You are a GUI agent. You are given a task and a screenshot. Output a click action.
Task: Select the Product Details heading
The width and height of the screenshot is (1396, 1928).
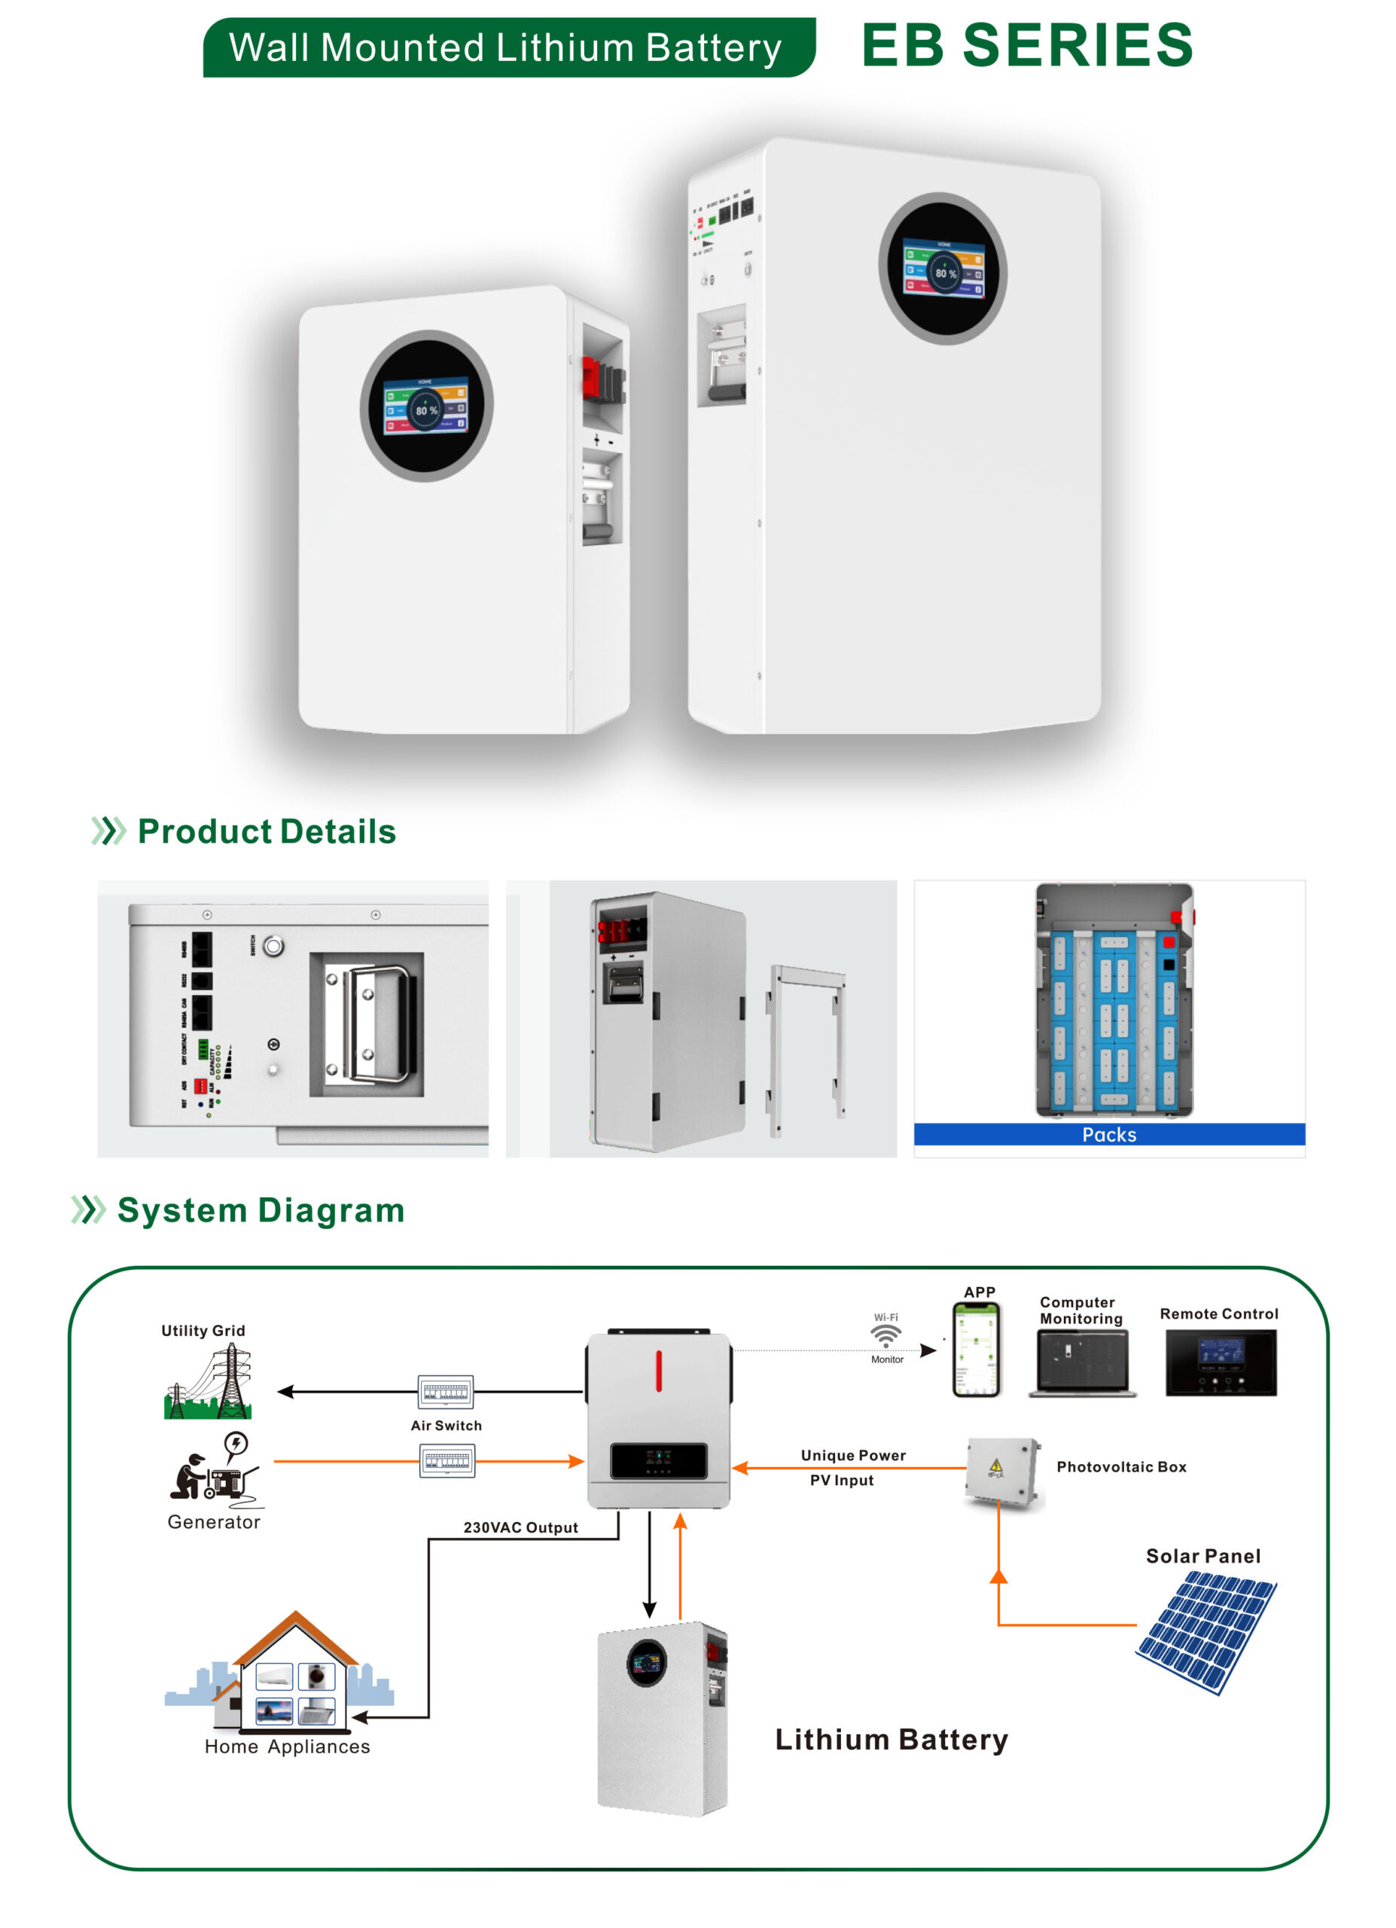click(x=266, y=831)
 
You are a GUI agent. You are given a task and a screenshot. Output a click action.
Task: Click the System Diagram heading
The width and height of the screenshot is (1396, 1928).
click(x=260, y=1210)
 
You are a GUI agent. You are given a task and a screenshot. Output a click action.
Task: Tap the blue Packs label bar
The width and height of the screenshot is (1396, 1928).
click(x=1109, y=1135)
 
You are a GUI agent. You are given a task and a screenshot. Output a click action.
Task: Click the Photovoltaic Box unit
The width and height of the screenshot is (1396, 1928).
click(x=1003, y=1472)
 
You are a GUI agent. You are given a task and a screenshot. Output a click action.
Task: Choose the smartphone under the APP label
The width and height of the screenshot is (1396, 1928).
click(x=977, y=1353)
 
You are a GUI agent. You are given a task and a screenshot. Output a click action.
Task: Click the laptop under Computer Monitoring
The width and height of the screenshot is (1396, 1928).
click(x=1081, y=1362)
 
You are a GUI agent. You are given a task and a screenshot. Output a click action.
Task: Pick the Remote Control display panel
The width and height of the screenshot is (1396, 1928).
click(x=1220, y=1362)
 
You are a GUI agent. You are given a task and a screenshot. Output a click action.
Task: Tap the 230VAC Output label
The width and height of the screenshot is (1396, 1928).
click(x=520, y=1527)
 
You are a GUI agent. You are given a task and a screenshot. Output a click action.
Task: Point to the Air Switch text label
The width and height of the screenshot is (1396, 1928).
click(x=446, y=1426)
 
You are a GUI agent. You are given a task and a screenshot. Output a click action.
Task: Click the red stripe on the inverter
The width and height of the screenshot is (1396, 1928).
click(x=659, y=1371)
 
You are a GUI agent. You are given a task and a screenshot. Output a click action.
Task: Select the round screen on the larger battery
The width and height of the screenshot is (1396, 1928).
click(x=942, y=269)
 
